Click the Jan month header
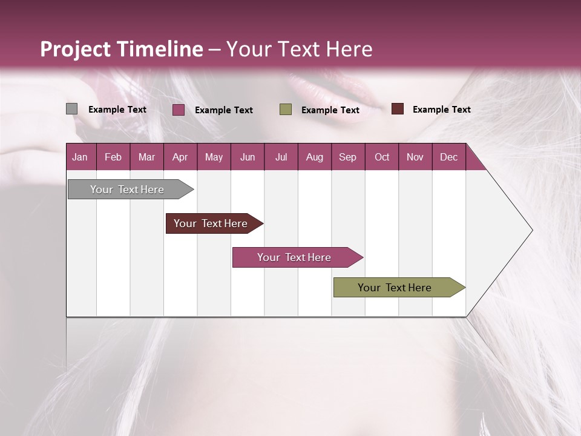[80, 157]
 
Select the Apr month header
[180, 157]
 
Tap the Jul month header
[281, 157]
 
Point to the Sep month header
[347, 157]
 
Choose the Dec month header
[448, 157]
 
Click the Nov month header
[415, 157]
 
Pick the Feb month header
[113, 157]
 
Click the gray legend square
[71, 109]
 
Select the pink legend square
[179, 110]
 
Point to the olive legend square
[286, 110]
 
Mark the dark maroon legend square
[398, 109]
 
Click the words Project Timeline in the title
[121, 49]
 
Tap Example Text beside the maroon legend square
[441, 110]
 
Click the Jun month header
[248, 157]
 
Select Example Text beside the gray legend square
[117, 110]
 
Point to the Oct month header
[382, 157]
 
